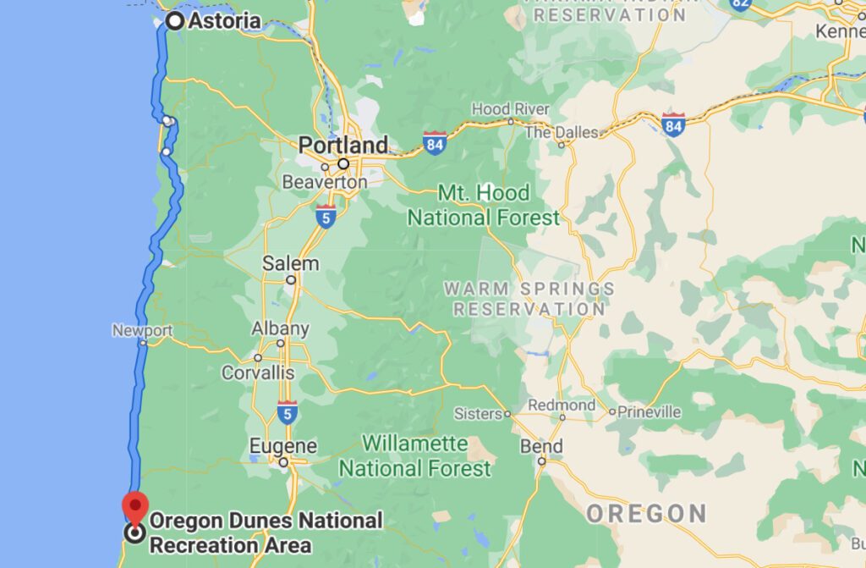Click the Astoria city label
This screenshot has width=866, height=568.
coord(224,21)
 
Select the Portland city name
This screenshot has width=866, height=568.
coord(343,145)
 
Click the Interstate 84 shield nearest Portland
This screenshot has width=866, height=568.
coord(435,141)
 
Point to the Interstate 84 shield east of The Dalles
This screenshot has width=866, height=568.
coord(674,123)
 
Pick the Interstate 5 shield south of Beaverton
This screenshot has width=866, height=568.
coord(326,213)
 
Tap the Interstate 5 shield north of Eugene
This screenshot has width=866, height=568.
coord(287,411)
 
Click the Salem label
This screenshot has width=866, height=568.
coord(290,263)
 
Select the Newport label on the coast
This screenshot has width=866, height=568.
coord(142,331)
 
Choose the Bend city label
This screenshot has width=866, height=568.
coord(541,446)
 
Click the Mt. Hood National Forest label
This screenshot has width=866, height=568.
coord(483,205)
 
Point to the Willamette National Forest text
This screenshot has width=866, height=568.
coord(414,455)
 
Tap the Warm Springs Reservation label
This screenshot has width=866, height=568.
coord(529,299)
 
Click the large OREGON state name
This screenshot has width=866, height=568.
coord(646,513)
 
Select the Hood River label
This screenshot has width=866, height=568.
coord(510,109)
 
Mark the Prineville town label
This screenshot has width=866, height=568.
coord(649,412)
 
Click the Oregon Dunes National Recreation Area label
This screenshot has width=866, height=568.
coord(266,532)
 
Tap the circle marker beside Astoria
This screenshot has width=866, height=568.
coord(175,21)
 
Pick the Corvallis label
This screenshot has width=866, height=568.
coord(258,372)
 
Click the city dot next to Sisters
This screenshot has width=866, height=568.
coord(507,415)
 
